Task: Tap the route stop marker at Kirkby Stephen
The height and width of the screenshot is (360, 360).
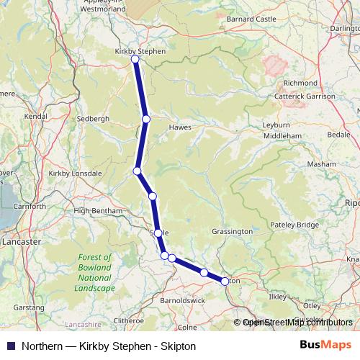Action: (135, 59)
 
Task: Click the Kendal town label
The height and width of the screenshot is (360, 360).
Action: (35, 115)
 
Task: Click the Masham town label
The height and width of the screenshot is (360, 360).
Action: (321, 164)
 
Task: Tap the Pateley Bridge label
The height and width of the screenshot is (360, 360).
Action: (294, 225)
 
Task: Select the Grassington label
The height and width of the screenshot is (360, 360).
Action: (233, 232)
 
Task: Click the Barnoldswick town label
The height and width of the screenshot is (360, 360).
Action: (183, 300)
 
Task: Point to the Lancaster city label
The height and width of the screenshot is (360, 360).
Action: (21, 242)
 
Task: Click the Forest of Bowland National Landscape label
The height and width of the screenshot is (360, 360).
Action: (95, 272)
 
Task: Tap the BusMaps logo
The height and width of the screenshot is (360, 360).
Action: (326, 346)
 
